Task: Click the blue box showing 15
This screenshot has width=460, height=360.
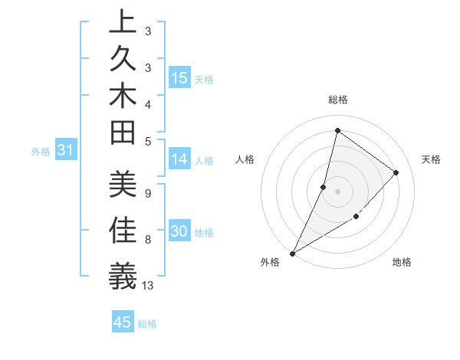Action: [179, 78]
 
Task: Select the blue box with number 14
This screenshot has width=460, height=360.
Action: [179, 159]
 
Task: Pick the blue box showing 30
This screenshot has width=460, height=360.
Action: [179, 232]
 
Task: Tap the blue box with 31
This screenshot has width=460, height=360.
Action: [65, 151]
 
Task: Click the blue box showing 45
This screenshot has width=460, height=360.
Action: [123, 322]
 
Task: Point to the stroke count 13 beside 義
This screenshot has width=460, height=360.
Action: [148, 286]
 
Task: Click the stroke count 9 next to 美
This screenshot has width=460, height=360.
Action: [148, 192]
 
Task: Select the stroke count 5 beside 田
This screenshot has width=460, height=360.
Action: [148, 141]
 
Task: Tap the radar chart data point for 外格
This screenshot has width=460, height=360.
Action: [293, 254]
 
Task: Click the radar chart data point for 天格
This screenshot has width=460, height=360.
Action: [396, 172]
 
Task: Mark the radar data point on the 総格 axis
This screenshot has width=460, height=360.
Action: [337, 130]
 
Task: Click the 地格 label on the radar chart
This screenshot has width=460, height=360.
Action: [402, 262]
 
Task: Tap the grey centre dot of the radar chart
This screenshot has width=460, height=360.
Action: [337, 191]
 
